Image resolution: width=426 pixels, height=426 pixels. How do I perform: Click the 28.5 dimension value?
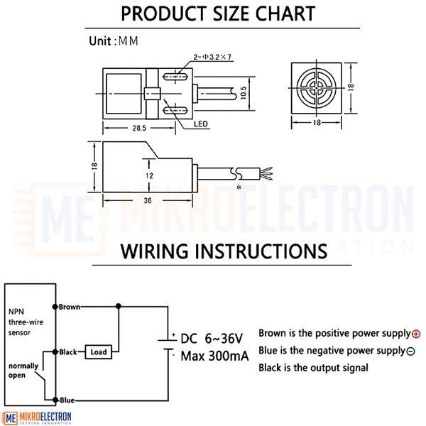point(139,128)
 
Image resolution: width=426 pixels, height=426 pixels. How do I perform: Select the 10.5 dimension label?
point(244,92)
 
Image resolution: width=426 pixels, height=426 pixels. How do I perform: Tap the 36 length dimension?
point(148,200)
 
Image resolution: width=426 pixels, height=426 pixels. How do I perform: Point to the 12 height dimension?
point(149,176)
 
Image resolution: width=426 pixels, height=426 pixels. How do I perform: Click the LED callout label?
point(201,124)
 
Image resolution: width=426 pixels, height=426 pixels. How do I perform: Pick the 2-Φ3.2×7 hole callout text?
point(212,57)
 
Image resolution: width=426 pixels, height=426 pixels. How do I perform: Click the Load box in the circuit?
point(99,352)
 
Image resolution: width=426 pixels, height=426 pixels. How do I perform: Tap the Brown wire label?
point(70,307)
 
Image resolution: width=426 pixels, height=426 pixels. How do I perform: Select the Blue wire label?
point(67,400)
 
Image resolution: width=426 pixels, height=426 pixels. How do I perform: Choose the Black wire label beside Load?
point(68,352)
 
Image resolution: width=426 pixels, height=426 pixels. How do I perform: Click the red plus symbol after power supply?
point(416,334)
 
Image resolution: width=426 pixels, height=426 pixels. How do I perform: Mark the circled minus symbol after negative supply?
point(410,351)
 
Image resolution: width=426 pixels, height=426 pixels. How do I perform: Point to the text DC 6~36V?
point(212,339)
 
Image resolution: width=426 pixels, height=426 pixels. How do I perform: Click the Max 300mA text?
point(214,356)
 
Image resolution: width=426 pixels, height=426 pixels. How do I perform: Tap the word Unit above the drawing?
point(100,41)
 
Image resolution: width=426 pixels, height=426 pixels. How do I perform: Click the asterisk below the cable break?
point(239,187)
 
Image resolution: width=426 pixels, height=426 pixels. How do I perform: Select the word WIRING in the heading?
point(154,251)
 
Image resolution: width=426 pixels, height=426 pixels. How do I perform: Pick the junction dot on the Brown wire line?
point(118,306)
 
